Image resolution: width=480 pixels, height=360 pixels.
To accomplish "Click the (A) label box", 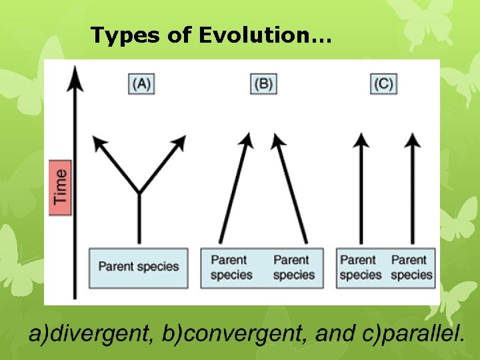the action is tap(141, 83).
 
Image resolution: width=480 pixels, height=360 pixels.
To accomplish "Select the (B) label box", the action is tap(263, 83).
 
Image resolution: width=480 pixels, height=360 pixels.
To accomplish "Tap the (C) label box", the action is tap(383, 83).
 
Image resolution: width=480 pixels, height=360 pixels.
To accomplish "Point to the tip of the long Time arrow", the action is tap(77, 69).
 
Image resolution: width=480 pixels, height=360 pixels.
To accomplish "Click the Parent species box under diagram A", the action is tap(139, 267).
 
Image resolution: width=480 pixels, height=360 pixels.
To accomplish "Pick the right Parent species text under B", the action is tap(292, 267).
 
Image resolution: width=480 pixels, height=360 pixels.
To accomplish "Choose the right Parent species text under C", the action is tap(411, 267).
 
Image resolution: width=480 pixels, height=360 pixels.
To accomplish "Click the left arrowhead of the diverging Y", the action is tap(99, 142).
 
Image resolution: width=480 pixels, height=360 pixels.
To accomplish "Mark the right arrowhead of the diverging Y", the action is tap(179, 142).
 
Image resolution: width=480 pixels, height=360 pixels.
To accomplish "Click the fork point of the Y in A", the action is tap(139, 193).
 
